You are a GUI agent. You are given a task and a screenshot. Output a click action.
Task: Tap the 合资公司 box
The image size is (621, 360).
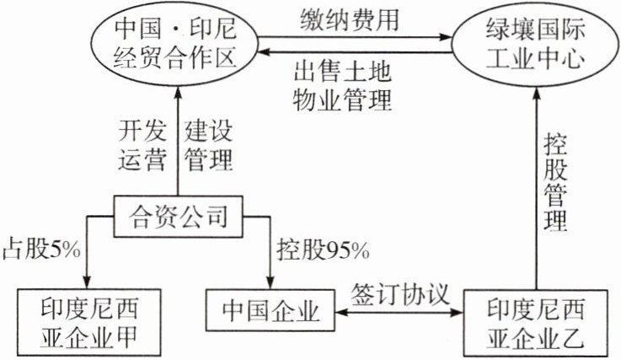pos(179,218)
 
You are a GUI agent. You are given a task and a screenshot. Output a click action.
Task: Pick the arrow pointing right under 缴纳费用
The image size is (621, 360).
pos(354,37)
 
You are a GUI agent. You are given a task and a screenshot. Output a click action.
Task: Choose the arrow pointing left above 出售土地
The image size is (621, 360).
pos(354,52)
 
